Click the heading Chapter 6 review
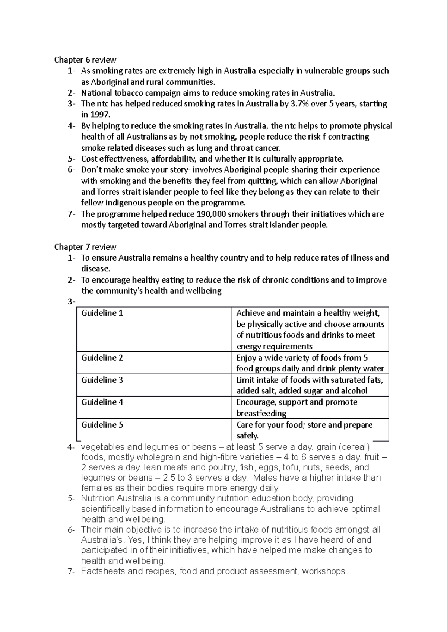pos(85,60)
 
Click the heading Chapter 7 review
pos(85,247)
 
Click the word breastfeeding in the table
pos(261,414)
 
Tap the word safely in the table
pos(247,436)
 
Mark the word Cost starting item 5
pos(89,159)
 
